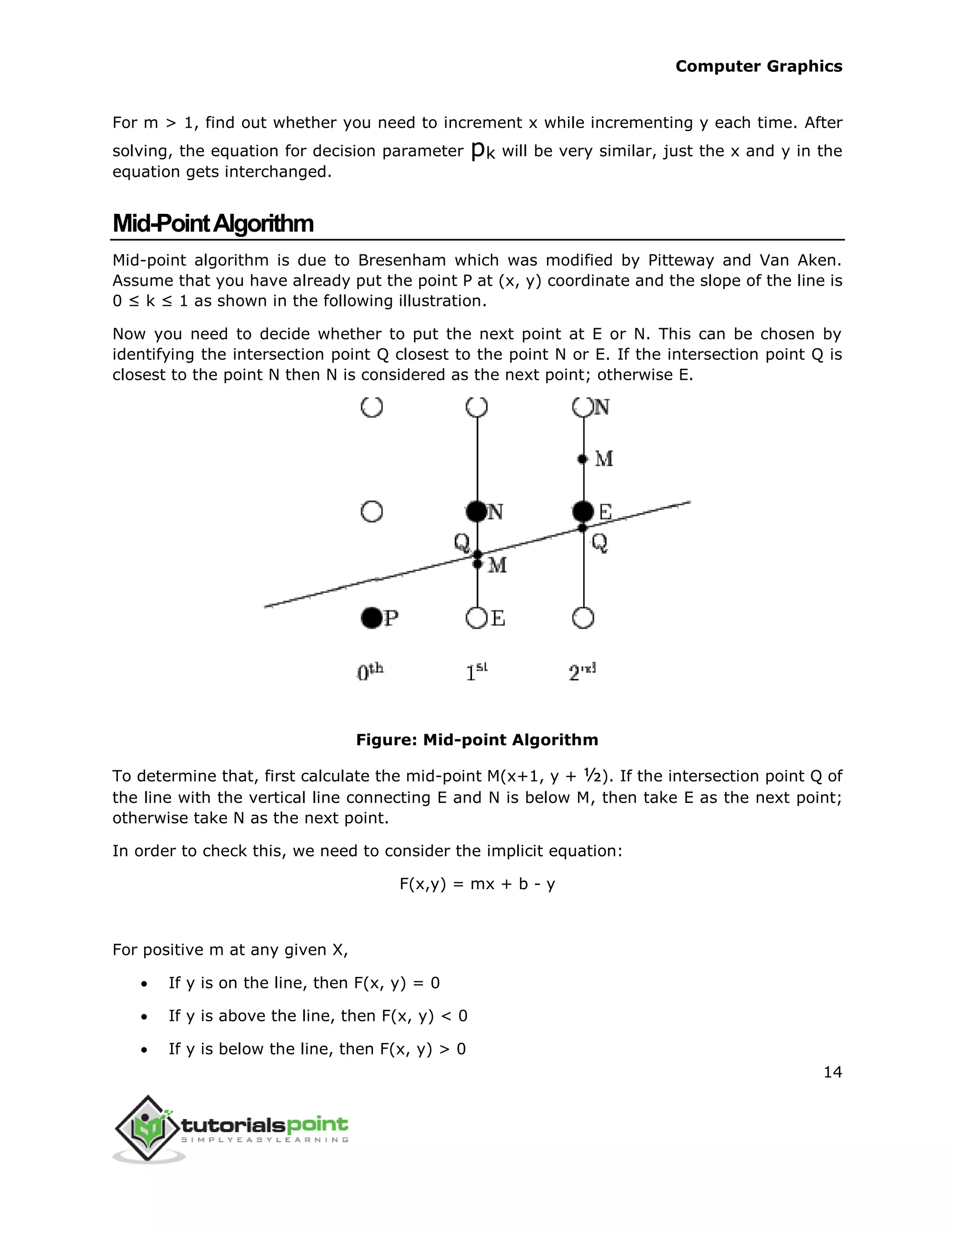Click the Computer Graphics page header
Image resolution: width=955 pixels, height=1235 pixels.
758,66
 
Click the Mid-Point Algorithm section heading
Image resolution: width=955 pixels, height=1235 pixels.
213,223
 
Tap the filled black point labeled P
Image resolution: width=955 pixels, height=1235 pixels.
372,618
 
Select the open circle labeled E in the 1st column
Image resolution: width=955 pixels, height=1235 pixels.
477,618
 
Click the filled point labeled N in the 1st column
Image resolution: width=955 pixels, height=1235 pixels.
477,511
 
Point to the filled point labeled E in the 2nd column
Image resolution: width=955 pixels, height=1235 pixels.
583,511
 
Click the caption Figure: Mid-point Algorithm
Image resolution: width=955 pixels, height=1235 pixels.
477,740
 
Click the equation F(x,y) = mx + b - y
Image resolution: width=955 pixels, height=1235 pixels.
477,884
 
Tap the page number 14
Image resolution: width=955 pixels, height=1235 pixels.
832,1072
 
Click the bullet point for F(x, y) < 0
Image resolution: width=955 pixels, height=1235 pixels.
145,1016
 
